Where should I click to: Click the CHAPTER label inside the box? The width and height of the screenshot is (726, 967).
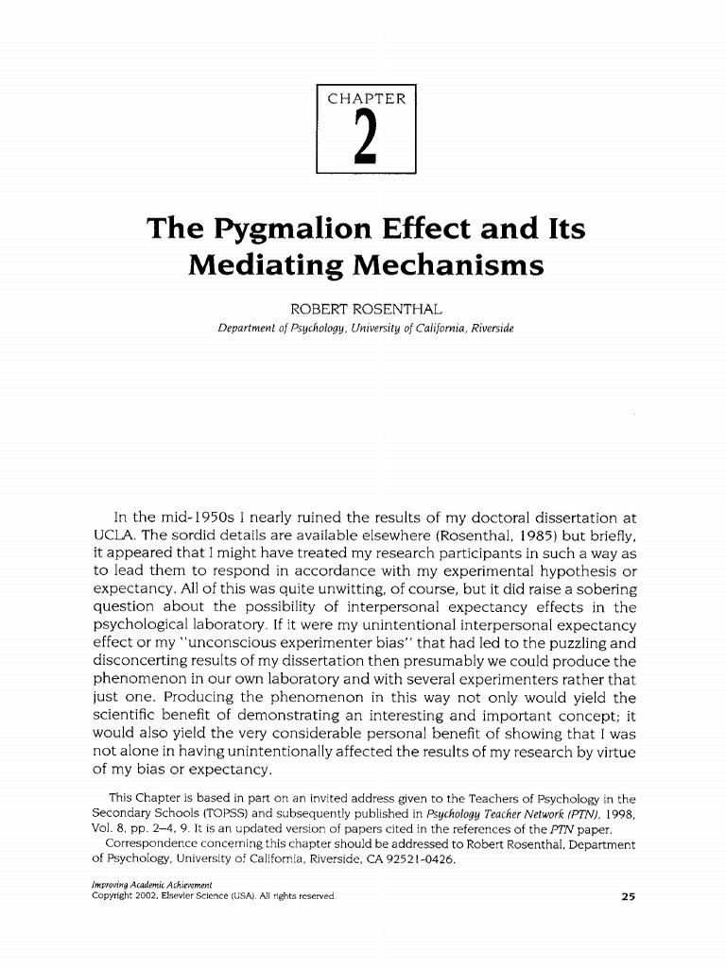pos(366,98)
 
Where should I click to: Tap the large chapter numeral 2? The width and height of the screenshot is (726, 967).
pos(366,138)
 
